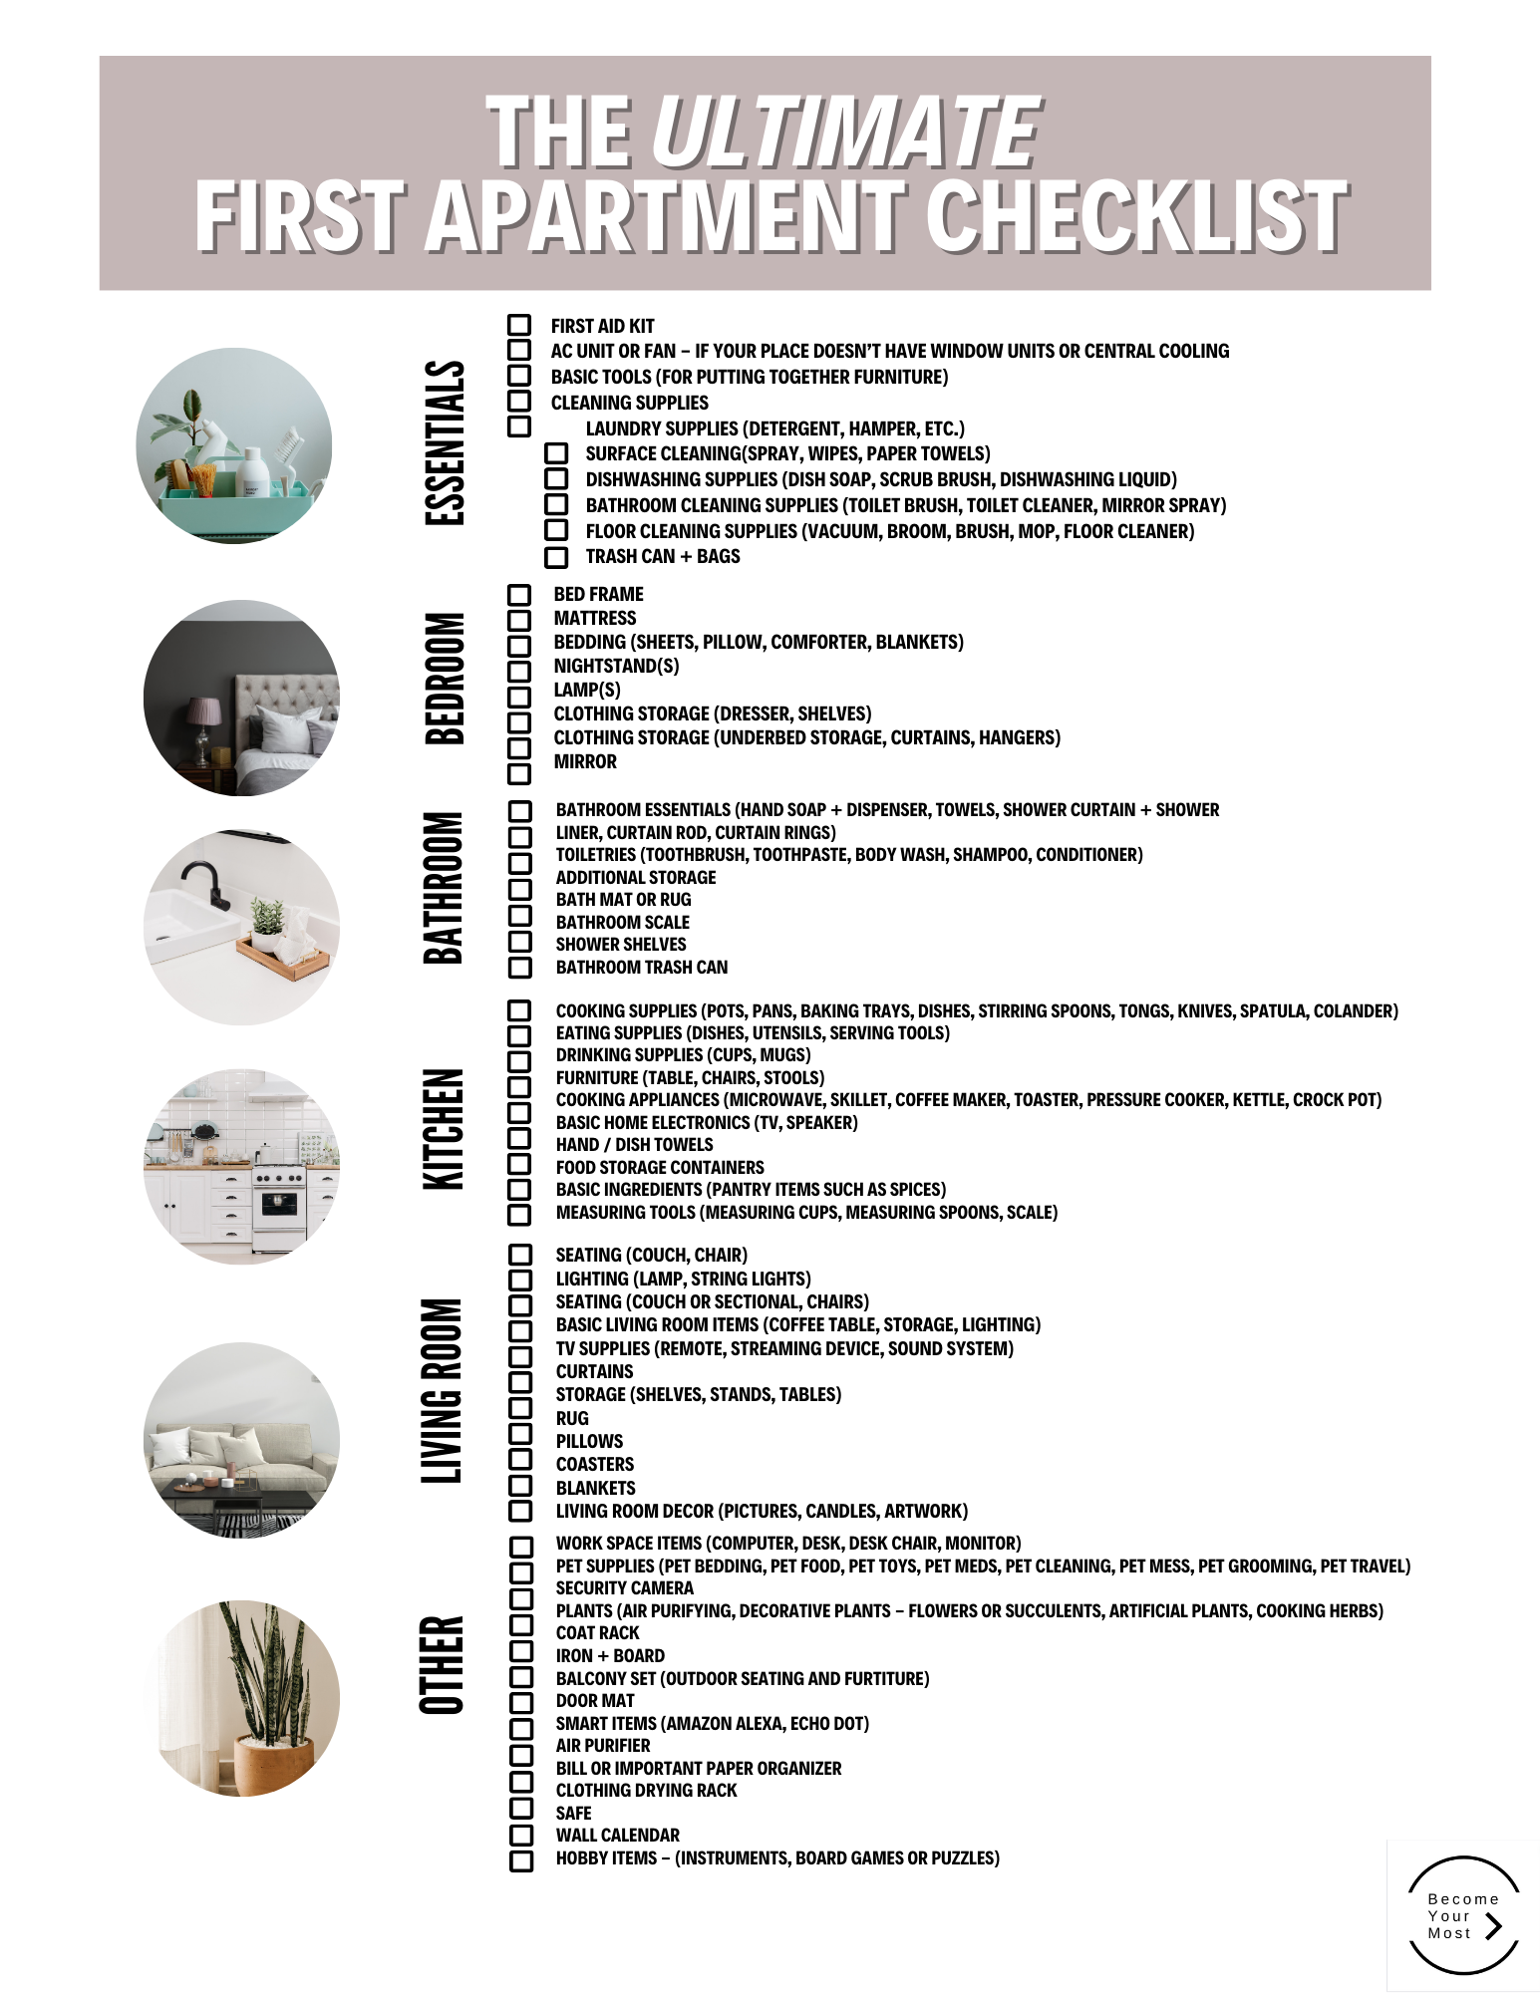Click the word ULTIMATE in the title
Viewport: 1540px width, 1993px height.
[x=845, y=133]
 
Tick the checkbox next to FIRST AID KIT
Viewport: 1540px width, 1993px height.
[x=518, y=325]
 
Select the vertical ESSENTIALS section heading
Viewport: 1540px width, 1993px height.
[x=445, y=442]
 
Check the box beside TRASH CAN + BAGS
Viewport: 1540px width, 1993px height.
[x=556, y=557]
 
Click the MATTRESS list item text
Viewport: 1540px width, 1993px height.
[x=595, y=618]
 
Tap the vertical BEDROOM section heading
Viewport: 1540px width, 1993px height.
[x=445, y=679]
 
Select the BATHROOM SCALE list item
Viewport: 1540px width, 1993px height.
[x=623, y=923]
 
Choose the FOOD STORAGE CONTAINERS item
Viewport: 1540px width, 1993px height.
[x=660, y=1167]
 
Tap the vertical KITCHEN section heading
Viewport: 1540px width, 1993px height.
[x=445, y=1129]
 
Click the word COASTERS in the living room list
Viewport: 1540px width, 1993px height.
[x=595, y=1464]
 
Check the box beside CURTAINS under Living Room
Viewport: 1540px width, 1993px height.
[x=519, y=1382]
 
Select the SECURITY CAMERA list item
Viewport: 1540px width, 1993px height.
[x=625, y=1588]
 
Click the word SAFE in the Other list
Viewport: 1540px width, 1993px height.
[x=574, y=1813]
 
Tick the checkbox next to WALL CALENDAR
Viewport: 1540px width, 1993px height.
[x=521, y=1835]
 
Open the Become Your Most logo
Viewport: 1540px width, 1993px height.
[x=1463, y=1915]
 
